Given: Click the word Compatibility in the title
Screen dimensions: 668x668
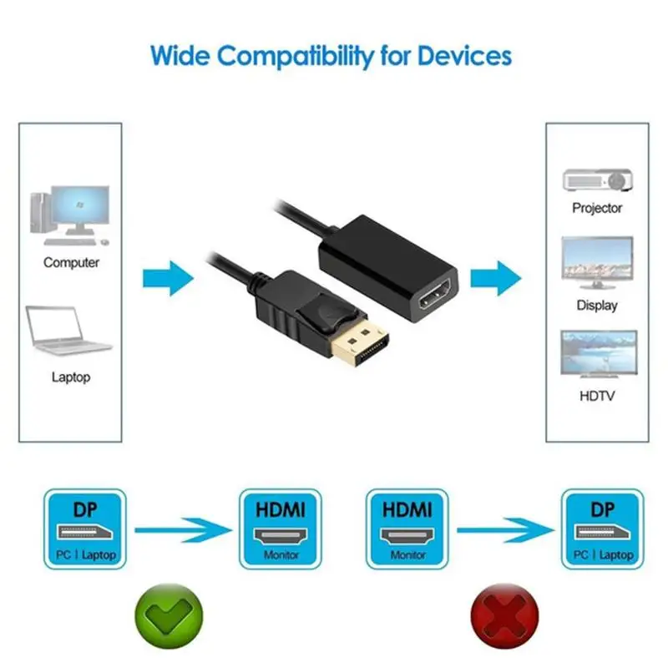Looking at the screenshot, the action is [x=296, y=57].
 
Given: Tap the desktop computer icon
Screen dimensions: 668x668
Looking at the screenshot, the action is [x=70, y=215].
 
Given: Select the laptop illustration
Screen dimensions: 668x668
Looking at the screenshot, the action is [x=68, y=330].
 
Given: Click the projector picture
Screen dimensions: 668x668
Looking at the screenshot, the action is [x=597, y=180].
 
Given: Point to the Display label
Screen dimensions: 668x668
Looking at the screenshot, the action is [x=597, y=306].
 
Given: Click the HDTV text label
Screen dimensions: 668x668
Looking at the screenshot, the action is [x=597, y=396].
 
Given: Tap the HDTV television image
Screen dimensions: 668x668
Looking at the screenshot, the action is [x=599, y=354].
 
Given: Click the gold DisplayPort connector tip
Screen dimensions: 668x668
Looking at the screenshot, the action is [x=360, y=345].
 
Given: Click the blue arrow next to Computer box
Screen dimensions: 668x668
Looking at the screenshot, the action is [x=169, y=278].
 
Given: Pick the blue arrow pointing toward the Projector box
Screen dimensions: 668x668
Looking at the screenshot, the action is [x=496, y=278].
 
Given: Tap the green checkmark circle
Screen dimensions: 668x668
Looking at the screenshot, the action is [x=170, y=616].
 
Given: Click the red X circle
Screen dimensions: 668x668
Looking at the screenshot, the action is [x=505, y=616].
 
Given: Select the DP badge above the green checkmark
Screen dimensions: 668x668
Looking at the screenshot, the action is [x=85, y=529].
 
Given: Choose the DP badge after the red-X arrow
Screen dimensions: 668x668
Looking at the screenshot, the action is [x=602, y=529].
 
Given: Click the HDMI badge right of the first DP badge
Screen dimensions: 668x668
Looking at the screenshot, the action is [x=281, y=529].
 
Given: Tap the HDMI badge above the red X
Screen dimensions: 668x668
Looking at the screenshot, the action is [x=407, y=529].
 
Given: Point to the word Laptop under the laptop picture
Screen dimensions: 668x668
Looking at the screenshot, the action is [x=71, y=377].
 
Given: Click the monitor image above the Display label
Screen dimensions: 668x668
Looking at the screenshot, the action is [x=597, y=263].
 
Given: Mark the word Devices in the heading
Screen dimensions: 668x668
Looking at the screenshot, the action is [x=464, y=56].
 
